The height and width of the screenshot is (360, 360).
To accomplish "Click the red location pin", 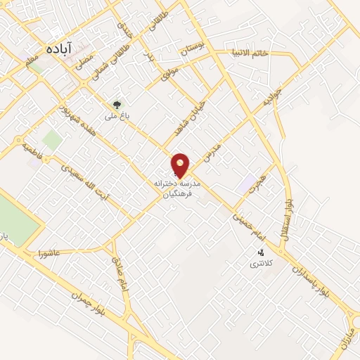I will tap(181, 165).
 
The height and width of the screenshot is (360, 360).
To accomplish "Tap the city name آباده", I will tap(61, 49).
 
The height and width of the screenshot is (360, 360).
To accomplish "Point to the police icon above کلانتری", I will tap(261, 252).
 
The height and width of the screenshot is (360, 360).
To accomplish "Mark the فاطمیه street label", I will tap(33, 149).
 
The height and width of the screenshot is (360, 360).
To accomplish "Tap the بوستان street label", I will tap(195, 49).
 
